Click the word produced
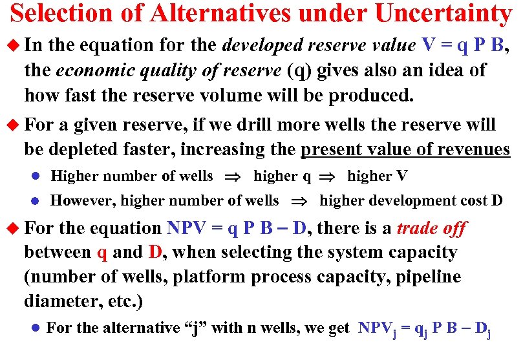coord(370,96)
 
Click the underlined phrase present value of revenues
coord(405,149)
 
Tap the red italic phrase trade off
coord(431,228)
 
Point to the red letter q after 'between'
coord(102,253)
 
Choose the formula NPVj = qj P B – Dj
coord(424,329)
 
